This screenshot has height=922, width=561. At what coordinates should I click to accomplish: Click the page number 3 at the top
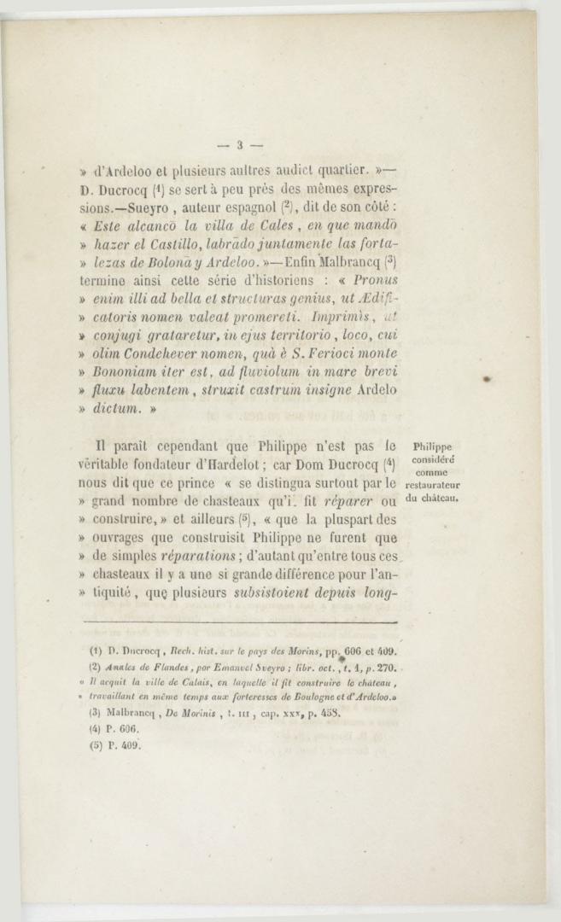point(241,143)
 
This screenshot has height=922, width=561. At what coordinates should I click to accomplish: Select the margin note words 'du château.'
point(433,498)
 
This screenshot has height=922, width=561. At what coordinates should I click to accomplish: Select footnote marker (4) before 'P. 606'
point(96,729)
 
